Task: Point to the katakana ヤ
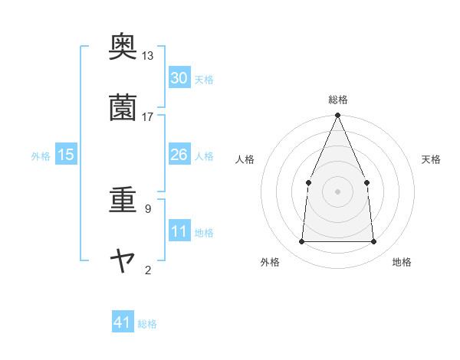point(123,261)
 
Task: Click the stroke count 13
point(147,56)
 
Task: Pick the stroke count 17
point(147,116)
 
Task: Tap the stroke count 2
point(147,270)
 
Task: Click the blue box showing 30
point(179,77)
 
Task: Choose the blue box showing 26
point(179,155)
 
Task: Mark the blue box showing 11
point(179,231)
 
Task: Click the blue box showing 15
point(66,155)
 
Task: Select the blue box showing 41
point(123,322)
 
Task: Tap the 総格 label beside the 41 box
point(147,324)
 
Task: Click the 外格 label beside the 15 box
point(41,156)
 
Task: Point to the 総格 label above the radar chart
point(337,100)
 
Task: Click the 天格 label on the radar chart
point(432,159)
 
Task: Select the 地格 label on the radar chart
point(402,263)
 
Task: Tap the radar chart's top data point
point(337,116)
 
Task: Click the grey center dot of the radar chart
point(337,191)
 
